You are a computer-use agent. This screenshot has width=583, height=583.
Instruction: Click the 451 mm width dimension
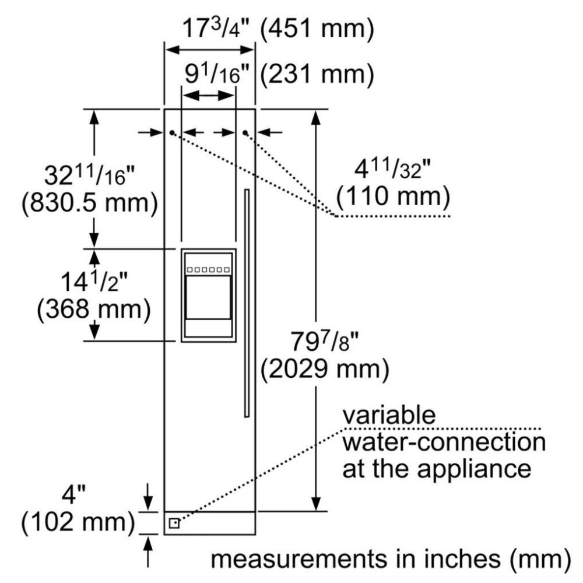pyautogui.click(x=317, y=28)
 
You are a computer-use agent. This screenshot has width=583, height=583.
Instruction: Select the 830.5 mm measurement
pyautogui.click(x=90, y=203)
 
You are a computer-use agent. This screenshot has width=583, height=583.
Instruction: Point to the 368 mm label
pyautogui.click(x=94, y=308)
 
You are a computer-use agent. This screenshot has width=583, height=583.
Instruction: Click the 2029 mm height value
pyautogui.click(x=325, y=369)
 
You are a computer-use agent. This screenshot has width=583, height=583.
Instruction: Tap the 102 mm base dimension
pyautogui.click(x=78, y=521)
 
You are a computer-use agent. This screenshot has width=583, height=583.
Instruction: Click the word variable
pyautogui.click(x=389, y=415)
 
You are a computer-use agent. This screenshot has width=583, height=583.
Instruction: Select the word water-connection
pyautogui.click(x=444, y=442)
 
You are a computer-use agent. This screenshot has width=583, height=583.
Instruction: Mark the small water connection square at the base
pyautogui.click(x=174, y=524)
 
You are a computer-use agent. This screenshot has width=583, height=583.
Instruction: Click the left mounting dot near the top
pyautogui.click(x=172, y=132)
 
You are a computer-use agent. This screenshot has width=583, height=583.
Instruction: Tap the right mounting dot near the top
pyautogui.click(x=245, y=132)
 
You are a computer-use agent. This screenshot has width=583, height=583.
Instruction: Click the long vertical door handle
pyautogui.click(x=247, y=303)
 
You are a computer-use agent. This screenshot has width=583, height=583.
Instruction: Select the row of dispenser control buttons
pyautogui.click(x=208, y=269)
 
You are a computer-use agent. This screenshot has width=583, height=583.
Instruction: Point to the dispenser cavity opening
pyautogui.click(x=208, y=297)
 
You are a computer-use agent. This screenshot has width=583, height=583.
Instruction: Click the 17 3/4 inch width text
pyautogui.click(x=216, y=28)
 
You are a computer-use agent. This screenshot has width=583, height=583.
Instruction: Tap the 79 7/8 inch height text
pyautogui.click(x=324, y=341)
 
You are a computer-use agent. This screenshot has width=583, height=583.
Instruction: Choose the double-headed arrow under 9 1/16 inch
pyautogui.click(x=209, y=96)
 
